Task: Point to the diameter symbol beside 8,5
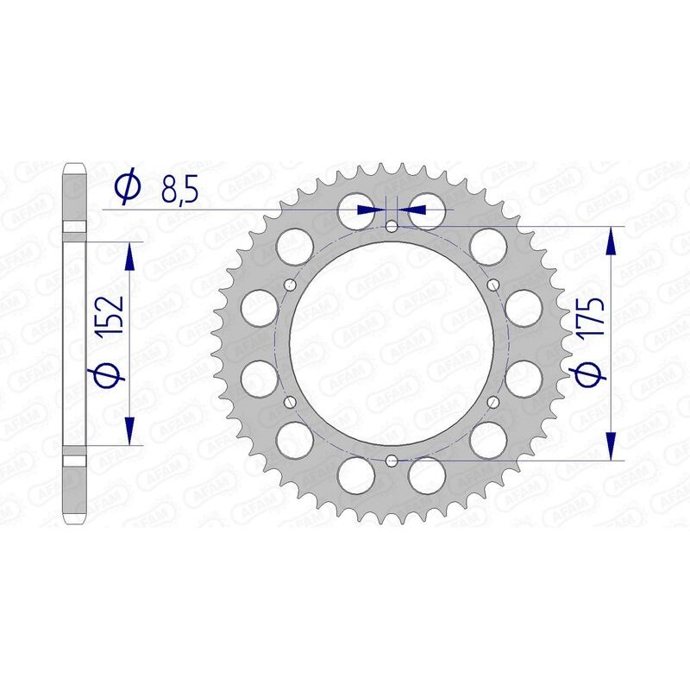pyautogui.click(x=126, y=188)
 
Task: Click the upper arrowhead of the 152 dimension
pyautogui.click(x=130, y=255)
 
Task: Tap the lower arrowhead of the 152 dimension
pyautogui.click(x=130, y=431)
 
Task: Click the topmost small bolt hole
pyautogui.click(x=392, y=228)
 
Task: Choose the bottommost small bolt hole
pyautogui.click(x=392, y=460)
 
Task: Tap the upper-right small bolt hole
pyautogui.click(x=492, y=285)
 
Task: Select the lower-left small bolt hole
pyautogui.click(x=291, y=401)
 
